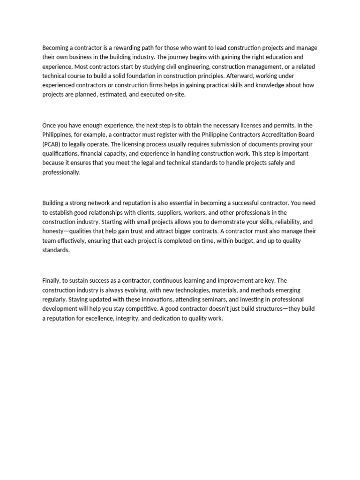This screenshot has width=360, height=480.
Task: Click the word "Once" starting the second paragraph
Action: (x=50, y=126)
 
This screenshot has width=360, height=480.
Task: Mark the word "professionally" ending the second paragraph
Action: (x=61, y=172)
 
